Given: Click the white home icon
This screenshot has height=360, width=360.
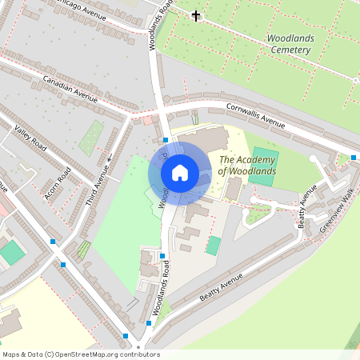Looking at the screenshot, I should point(180,173).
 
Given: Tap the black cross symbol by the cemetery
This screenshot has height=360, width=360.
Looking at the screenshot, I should point(196,15).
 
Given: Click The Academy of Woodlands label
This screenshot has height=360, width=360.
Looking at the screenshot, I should point(247,165).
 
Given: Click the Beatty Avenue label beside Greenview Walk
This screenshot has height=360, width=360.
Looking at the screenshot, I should point(306,206).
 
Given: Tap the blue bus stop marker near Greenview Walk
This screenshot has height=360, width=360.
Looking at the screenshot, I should point(354,157).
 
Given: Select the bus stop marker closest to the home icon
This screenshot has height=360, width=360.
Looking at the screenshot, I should point(165,139).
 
